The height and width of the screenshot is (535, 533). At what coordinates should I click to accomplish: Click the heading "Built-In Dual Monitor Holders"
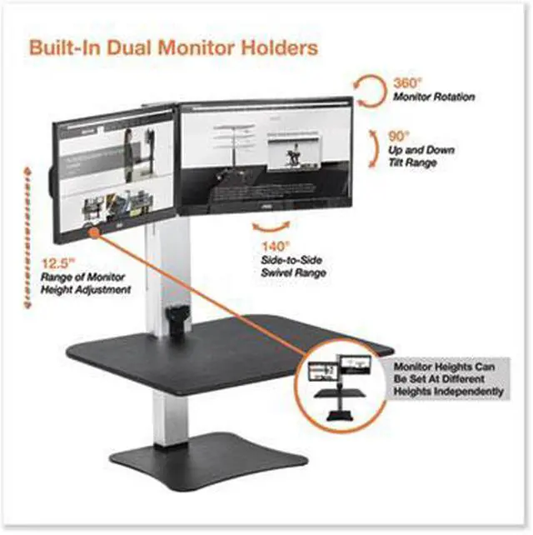[173, 47]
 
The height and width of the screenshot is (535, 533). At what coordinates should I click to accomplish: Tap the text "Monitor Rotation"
[433, 97]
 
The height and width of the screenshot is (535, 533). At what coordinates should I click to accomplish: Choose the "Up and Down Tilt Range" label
[415, 156]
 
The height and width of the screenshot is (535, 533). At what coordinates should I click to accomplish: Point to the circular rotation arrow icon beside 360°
[367, 89]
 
